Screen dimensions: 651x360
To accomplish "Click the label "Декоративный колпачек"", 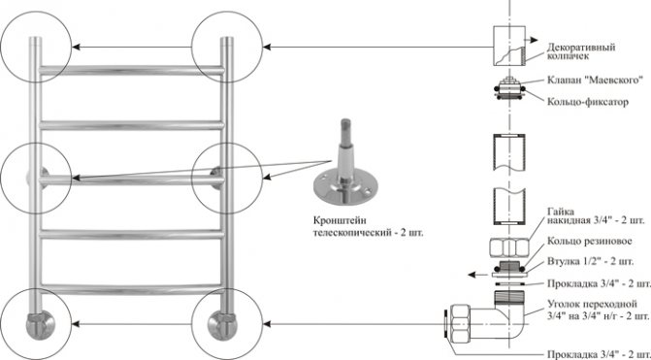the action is click(581, 51).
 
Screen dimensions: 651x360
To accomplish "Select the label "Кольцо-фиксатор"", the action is click(588, 102).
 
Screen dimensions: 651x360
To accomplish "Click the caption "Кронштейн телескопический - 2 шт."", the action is click(369, 226).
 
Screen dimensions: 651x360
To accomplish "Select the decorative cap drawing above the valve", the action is click(509, 46).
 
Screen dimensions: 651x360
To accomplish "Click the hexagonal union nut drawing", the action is click(509, 248).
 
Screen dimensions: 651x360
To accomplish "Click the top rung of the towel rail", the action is click(132, 70).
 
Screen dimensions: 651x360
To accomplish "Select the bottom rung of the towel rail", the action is click(132, 289).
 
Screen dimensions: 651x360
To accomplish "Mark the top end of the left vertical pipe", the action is click(35, 38).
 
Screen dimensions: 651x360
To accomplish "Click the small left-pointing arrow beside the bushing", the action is click(476, 275).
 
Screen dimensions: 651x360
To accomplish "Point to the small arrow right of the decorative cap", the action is click(532, 41).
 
